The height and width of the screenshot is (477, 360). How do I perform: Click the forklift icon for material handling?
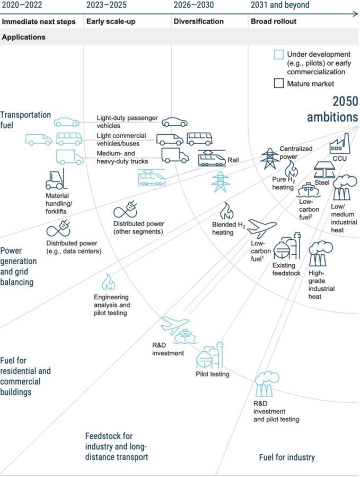coord(56,180)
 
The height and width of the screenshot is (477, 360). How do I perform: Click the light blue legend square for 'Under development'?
coord(278,55)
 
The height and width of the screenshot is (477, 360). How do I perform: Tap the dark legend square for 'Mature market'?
coord(278,83)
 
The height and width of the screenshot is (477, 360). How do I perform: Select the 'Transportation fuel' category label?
coord(25,119)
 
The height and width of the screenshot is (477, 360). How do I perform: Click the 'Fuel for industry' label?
coord(287,457)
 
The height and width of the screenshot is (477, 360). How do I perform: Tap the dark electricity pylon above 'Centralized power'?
coord(269,158)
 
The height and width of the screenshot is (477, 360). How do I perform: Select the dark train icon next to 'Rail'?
coord(210,158)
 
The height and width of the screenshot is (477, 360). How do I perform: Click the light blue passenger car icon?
coord(66,122)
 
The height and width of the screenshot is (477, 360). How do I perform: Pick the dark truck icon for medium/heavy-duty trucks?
coord(174,154)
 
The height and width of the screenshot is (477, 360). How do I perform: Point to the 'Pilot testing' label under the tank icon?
coord(212,375)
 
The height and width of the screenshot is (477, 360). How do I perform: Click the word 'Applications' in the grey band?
coord(24,38)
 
